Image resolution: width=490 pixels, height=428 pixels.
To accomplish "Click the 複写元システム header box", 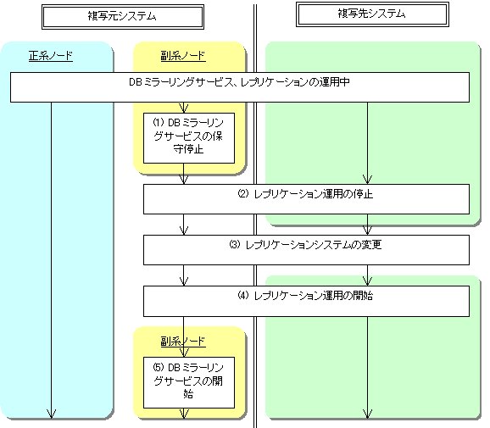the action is point(123,17).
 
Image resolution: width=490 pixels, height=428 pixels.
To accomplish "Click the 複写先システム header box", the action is point(372,14).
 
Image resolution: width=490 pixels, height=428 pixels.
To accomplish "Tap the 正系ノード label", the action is point(51,56).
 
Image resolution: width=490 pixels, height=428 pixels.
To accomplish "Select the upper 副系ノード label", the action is point(183,56).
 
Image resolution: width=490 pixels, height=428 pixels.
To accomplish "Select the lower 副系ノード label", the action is point(183,342).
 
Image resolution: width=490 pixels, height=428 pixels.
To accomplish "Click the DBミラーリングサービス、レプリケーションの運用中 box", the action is point(240,87).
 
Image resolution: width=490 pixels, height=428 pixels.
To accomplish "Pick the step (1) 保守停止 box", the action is point(189,138).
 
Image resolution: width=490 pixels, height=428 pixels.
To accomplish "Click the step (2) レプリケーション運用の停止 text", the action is point(305,194).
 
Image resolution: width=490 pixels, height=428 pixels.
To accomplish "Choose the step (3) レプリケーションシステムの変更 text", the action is point(305,245).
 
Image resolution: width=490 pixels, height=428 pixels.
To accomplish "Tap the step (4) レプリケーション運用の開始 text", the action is point(305,296).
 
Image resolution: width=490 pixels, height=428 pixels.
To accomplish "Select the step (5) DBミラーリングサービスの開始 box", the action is point(189,383).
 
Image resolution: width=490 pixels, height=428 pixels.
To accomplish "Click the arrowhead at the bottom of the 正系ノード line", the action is point(51,414).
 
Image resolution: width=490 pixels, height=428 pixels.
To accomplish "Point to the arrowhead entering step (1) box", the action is point(184,108).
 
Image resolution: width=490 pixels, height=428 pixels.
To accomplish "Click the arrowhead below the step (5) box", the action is point(184,414).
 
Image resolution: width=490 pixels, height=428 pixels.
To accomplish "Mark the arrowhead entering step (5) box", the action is point(184,353).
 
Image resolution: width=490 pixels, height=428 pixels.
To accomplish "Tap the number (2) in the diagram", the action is point(243,194).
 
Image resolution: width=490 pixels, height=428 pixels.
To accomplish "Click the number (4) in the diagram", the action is point(243,295).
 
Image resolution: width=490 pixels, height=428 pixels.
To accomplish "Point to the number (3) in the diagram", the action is point(235,244).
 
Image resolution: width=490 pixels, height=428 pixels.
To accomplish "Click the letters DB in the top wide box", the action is point(136,82).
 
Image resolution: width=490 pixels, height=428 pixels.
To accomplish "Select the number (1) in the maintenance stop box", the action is point(159,122).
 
